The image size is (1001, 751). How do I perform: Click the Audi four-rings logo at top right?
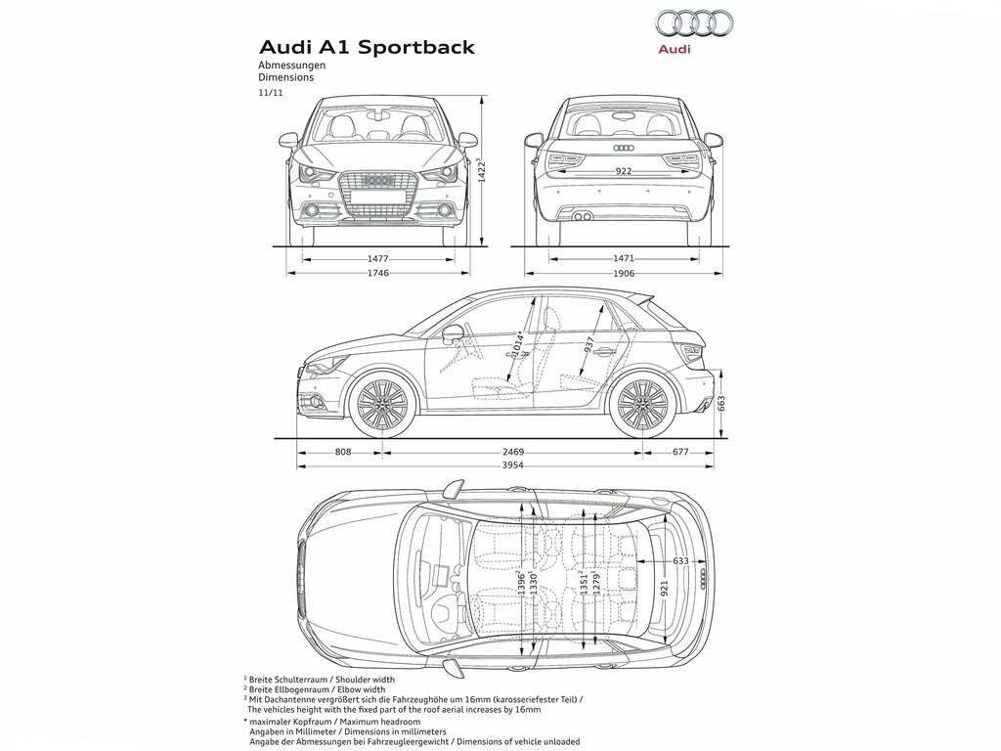(x=694, y=23)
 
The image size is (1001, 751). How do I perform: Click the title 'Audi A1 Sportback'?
(x=367, y=47)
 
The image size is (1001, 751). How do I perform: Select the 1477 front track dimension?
(x=378, y=258)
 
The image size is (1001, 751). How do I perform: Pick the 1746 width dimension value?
(x=378, y=273)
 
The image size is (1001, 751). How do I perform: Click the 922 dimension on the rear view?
(x=623, y=171)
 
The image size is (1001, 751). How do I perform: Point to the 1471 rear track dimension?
(x=623, y=258)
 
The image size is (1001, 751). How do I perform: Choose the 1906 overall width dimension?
(x=623, y=273)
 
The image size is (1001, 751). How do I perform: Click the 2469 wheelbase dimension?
(x=512, y=452)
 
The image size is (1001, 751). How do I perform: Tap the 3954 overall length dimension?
(x=512, y=465)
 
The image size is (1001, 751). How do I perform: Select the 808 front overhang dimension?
(x=343, y=452)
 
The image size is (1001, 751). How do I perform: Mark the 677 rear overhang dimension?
(x=680, y=452)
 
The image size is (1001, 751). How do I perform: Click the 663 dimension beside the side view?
(x=721, y=404)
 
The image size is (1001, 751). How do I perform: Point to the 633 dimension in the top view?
(x=680, y=560)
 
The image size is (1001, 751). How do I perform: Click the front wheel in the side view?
(x=382, y=404)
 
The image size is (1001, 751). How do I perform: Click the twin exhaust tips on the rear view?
(x=582, y=217)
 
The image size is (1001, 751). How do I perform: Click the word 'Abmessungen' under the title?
(x=291, y=66)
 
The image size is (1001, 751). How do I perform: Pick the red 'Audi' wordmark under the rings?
(x=675, y=49)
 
